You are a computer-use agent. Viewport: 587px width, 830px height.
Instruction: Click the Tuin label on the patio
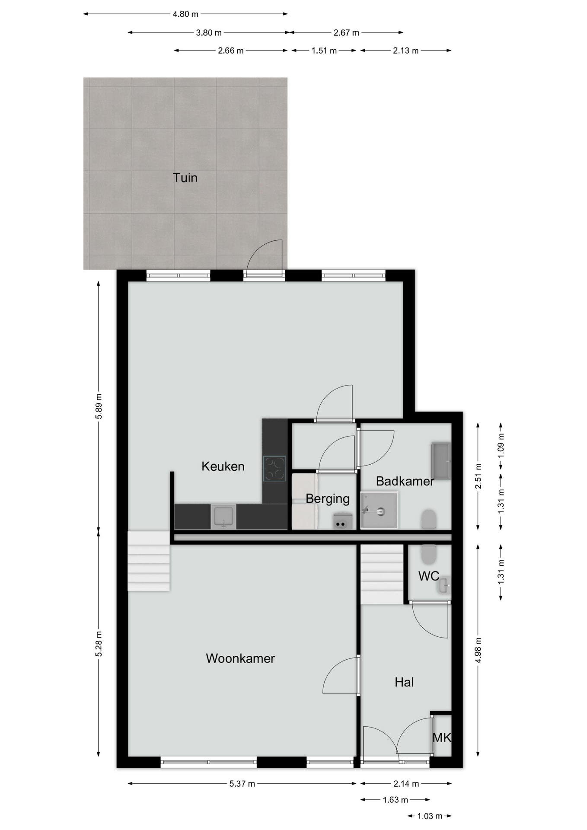point(185,178)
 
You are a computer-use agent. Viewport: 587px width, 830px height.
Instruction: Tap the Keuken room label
point(223,466)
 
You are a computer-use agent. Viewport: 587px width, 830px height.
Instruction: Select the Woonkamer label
point(240,658)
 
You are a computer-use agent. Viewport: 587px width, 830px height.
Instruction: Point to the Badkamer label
point(405,481)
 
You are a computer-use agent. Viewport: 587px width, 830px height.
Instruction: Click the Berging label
point(328,499)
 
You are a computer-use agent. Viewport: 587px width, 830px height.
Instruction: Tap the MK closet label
point(442,737)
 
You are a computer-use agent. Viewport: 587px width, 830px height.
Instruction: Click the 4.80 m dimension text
point(185,14)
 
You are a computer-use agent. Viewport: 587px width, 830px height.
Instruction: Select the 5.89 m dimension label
point(99,406)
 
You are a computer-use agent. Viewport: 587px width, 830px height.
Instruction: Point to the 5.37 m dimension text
point(242,784)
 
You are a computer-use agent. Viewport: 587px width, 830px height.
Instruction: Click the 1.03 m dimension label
point(430,816)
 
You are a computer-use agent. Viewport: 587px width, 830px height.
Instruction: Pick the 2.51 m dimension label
point(478,476)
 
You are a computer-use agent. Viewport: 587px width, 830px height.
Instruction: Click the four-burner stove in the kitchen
point(274,469)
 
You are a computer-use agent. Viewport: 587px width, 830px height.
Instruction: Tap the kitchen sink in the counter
point(223,517)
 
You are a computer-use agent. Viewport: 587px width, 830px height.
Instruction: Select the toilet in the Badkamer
point(429,519)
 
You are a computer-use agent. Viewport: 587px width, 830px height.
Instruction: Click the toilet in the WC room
point(429,555)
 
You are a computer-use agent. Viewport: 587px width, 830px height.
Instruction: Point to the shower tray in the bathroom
point(379,510)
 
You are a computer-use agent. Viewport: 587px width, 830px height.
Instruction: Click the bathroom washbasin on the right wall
point(441,461)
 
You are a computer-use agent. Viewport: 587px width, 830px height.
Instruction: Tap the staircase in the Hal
point(382,575)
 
